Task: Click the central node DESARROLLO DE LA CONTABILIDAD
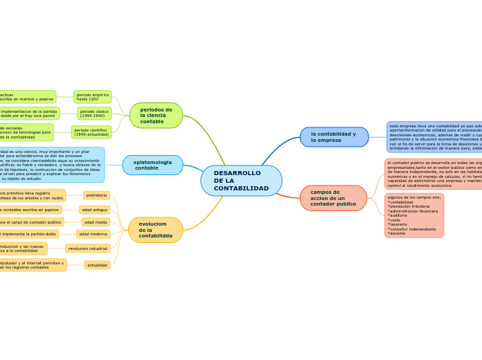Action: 241,181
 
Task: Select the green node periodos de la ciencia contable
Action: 156,116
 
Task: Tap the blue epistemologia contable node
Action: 152,165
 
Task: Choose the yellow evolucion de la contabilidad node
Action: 155,230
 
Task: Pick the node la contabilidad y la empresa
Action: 334,137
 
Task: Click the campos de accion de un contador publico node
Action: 333,198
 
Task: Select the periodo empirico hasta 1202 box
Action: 93,97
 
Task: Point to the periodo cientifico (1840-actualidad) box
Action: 91,132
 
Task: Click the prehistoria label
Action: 96,195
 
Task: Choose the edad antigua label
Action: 94,210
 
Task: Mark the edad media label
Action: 96,222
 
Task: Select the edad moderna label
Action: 93,235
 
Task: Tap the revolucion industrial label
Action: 88,248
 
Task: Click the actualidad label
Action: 97,265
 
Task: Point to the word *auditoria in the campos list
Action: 400,215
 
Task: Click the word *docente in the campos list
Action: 398,233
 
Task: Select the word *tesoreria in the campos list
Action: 398,224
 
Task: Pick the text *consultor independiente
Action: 412,229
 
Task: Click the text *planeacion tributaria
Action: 409,206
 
